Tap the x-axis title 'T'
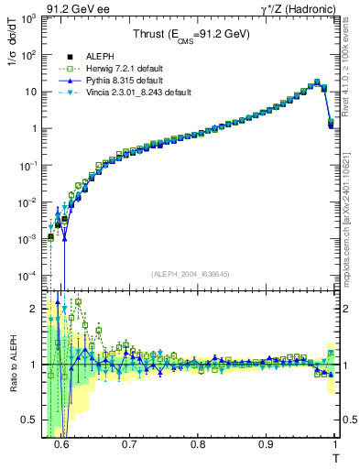coord(335,456)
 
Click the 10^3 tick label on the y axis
coord(27,18)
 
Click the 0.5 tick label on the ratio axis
coord(29,420)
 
